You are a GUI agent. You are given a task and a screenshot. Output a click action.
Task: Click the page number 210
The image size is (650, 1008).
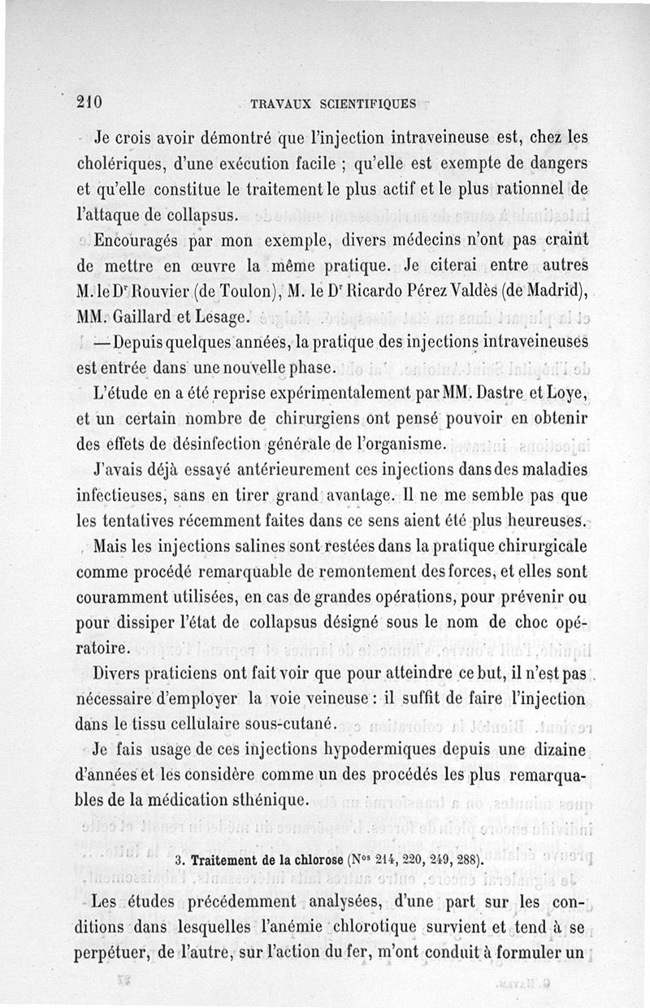[x=88, y=102]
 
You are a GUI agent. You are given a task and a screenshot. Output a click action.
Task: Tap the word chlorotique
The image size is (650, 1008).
[x=353, y=927]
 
